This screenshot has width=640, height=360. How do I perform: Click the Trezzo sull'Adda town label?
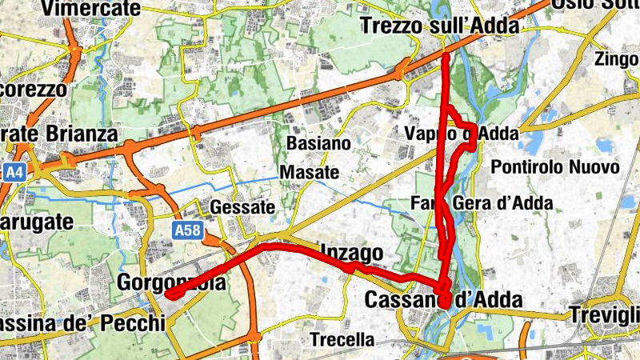pyautogui.click(x=441, y=26)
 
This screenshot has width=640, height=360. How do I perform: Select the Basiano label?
pyautogui.click(x=318, y=144)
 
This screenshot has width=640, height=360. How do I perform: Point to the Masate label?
pyautogui.click(x=310, y=172)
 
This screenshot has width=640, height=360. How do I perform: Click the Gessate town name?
pyautogui.click(x=242, y=207)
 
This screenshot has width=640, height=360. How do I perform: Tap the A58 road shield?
pyautogui.click(x=187, y=231)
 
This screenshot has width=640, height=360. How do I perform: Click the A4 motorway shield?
pyautogui.click(x=14, y=172)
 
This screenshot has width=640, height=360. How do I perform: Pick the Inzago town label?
pyautogui.click(x=351, y=252)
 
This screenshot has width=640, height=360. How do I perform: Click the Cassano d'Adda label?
pyautogui.click(x=443, y=301)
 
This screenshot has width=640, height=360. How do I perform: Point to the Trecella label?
pyautogui.click(x=342, y=339)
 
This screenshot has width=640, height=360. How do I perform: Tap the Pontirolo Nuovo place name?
pyautogui.click(x=555, y=168)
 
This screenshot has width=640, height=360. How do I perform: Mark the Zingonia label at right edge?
pyautogui.click(x=618, y=58)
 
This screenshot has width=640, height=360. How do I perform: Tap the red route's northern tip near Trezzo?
pyautogui.click(x=445, y=56)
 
